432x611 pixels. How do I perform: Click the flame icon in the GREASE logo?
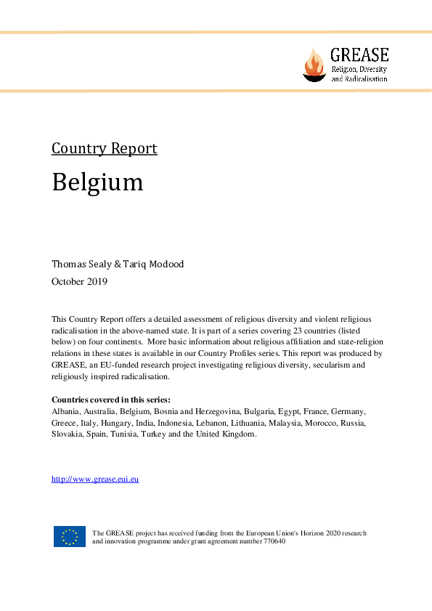click(314, 65)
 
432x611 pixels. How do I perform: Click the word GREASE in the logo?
click(359, 54)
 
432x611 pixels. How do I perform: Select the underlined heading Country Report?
click(104, 149)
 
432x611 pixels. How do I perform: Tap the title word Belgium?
click(97, 182)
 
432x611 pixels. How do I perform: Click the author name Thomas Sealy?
click(81, 264)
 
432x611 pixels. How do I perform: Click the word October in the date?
click(68, 281)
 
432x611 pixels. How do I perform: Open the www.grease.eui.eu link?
click(95, 480)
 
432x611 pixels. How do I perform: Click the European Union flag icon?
click(69, 536)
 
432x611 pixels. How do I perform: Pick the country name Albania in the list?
click(65, 411)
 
